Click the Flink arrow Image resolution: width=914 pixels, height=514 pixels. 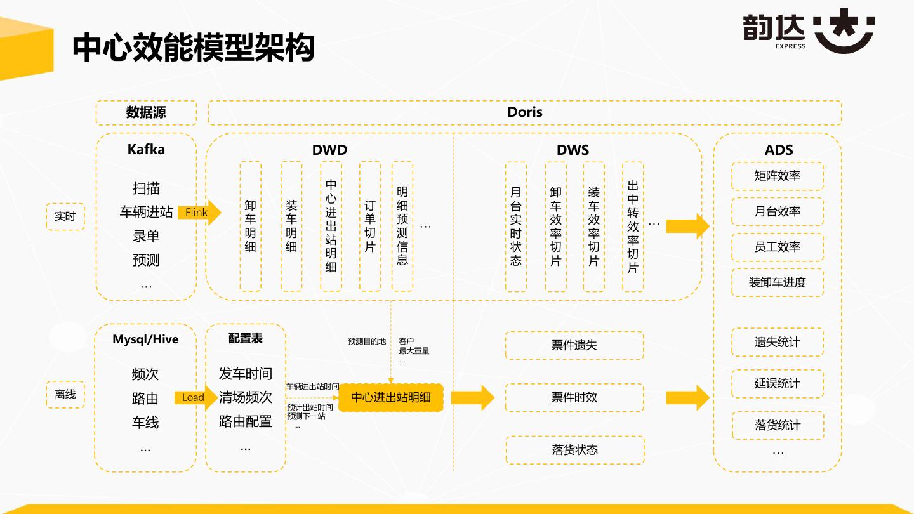199,213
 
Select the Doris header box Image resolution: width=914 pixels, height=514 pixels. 525,112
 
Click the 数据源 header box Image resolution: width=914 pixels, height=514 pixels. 146,112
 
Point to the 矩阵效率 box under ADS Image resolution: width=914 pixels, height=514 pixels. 778,176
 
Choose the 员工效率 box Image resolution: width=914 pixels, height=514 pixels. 778,247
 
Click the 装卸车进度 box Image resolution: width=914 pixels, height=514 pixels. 778,282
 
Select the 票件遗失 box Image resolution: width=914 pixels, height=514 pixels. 574,345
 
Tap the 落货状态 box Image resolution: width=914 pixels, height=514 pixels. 574,450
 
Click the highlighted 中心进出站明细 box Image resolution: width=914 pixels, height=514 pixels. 390,398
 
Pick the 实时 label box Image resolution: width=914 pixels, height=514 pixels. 65,216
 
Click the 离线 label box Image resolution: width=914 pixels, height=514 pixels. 65,395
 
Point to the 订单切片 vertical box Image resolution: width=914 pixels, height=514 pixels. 370,227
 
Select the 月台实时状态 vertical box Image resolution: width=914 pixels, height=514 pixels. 515,227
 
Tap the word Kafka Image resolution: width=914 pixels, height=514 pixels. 146,150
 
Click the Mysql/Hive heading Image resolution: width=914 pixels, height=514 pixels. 145,339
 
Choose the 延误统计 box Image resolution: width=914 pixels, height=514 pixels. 778,383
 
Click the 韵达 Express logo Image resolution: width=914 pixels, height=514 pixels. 809,30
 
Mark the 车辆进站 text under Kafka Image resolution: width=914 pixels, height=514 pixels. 146,212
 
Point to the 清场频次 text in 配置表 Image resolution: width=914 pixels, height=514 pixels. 246,397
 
